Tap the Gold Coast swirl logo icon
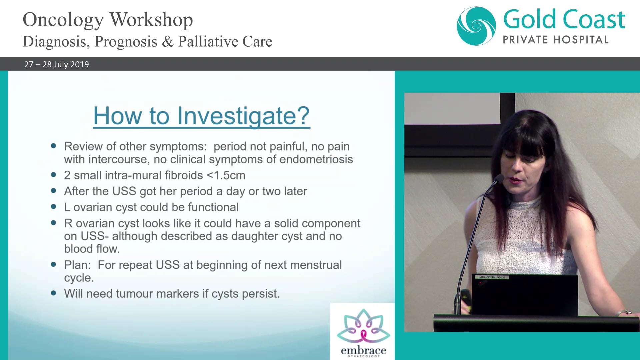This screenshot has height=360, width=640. pos(476,26)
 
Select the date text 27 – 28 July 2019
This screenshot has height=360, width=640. pos(56,64)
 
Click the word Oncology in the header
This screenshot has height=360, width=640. pos(63,20)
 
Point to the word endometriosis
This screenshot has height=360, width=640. pos(316,159)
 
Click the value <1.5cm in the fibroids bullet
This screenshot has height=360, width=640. pos(226,175)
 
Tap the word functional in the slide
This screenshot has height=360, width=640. pos(213,207)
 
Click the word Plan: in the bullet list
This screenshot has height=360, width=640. pos(77,265)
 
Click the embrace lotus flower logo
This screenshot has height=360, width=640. pos(363,326)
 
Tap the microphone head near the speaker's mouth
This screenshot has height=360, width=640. pos(499,178)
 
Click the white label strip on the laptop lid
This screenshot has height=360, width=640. pos(492,277)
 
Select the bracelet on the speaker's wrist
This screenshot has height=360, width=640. pos(623,312)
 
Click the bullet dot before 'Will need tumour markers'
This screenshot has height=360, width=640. pos(53,293)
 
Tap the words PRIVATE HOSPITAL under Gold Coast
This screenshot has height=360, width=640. pos(555,40)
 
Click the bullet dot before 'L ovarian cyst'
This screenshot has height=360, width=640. pos(53,207)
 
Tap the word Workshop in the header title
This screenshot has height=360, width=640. pos(151,20)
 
